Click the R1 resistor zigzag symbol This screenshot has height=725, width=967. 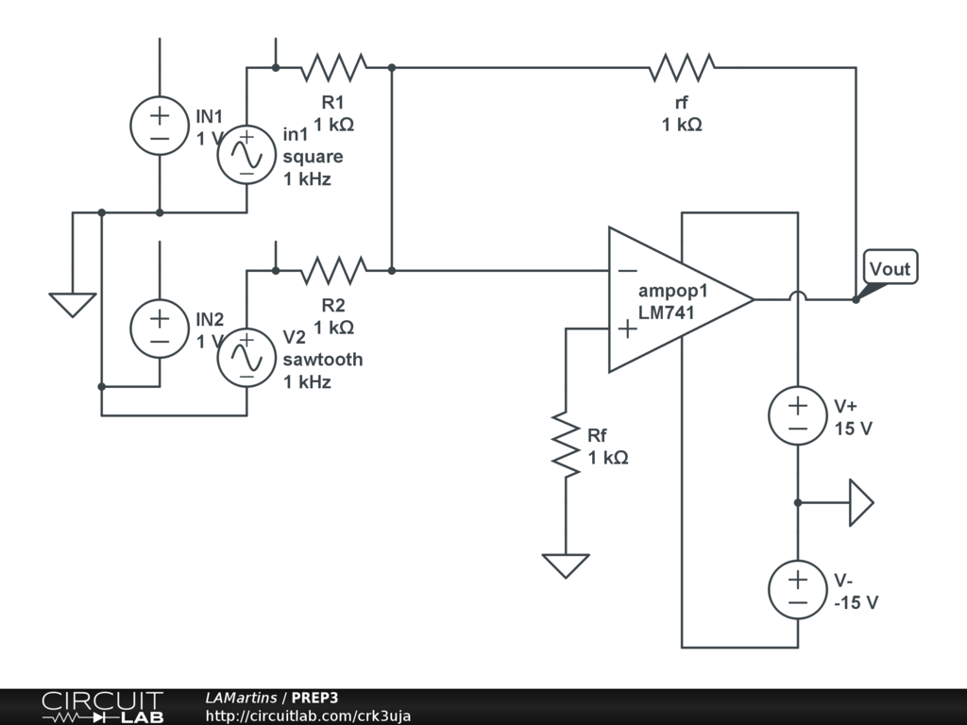pos(333,67)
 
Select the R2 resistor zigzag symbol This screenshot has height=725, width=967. pos(333,271)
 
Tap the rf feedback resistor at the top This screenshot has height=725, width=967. pos(681,67)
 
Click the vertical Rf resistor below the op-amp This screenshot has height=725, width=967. pos(565,444)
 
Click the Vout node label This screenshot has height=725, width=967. pos(890,269)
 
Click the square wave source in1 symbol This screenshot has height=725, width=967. pos(246,155)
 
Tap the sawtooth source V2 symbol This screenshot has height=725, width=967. pos(246,358)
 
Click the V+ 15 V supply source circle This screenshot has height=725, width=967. pos(798,416)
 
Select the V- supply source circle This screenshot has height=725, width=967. pos(798,590)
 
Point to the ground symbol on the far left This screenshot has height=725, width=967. pos(73,304)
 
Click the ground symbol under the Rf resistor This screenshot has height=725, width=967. pos(565,565)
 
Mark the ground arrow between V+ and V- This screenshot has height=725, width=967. pos(860,502)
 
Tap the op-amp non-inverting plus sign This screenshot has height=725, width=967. pos(625,329)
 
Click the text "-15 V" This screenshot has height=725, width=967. pos(856,602)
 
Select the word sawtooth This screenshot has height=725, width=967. pos(322,360)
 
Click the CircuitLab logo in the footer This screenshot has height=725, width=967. pos(102,707)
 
